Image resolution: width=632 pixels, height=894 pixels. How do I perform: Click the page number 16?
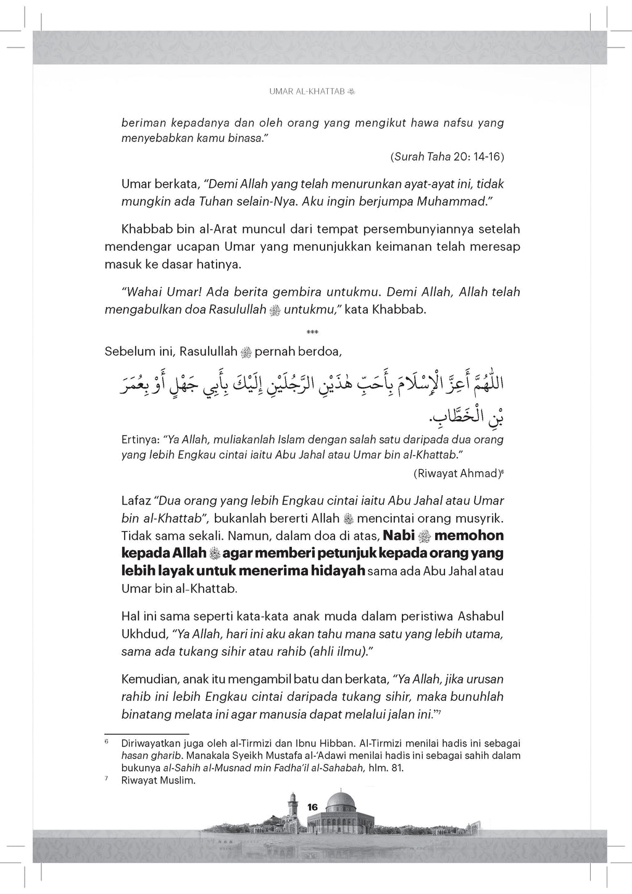coord(312,807)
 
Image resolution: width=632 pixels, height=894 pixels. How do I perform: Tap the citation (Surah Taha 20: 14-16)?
coord(447,157)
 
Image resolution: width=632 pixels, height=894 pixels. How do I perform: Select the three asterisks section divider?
coord(312,333)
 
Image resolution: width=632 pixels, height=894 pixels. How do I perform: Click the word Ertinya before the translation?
coord(140,440)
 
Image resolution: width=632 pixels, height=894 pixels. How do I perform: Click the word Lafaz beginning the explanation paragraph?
coord(136,500)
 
